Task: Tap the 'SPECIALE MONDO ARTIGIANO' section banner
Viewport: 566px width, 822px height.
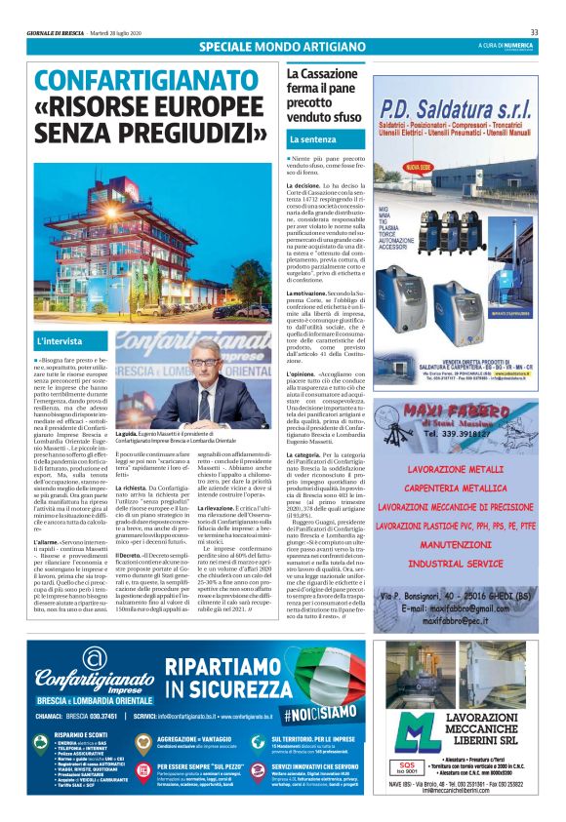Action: click(282, 47)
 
